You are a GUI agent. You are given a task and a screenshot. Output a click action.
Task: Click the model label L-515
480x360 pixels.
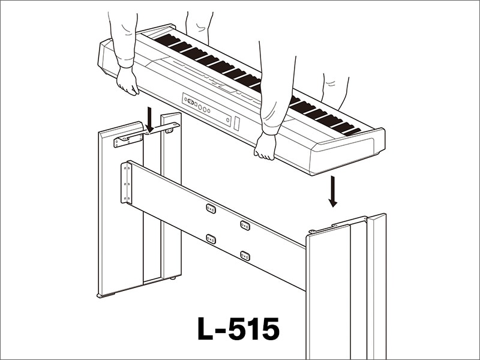coord(238,329)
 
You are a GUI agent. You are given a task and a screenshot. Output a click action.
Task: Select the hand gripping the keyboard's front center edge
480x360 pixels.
coord(265,146)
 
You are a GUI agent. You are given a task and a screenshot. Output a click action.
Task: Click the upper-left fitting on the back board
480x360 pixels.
coord(211,208)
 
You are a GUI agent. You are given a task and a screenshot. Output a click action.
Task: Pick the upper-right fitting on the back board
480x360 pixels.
coord(245,225)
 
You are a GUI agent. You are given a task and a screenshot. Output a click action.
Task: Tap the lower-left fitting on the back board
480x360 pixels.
coord(211,238)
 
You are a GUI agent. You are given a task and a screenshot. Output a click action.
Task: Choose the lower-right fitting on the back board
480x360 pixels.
coord(245,256)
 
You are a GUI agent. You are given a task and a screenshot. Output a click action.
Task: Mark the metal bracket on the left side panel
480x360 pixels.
coord(129,140)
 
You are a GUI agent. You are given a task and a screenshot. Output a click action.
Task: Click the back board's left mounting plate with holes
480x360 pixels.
coord(127,182)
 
